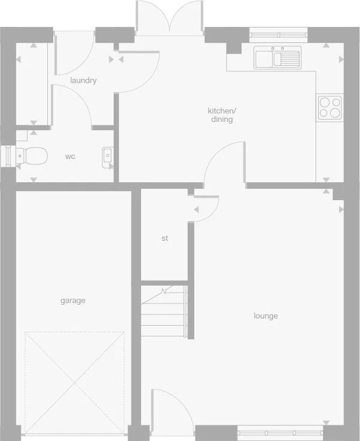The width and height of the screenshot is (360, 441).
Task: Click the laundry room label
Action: pyautogui.click(x=83, y=81)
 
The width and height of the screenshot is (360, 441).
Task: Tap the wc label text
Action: pyautogui.click(x=70, y=157)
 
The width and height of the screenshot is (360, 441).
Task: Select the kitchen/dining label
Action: pyautogui.click(x=222, y=115)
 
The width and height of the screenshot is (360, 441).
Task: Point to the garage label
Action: pyautogui.click(x=72, y=301)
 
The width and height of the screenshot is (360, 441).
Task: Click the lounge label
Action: pyautogui.click(x=266, y=316)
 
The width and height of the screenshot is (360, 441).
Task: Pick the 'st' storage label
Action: pyautogui.click(x=164, y=238)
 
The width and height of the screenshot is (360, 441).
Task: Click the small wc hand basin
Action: pyautogui.click(x=108, y=156)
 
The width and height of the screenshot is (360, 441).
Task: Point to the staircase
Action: pyautogui.click(x=165, y=312)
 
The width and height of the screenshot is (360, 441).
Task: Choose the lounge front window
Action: pyautogui.click(x=280, y=431)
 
